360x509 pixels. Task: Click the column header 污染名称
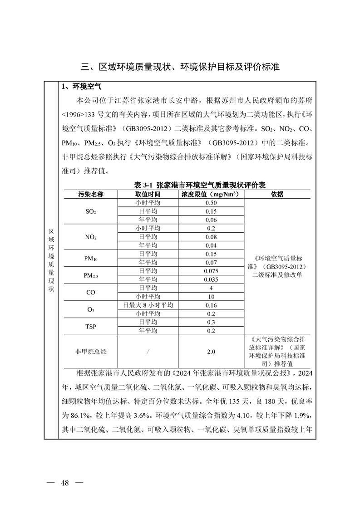pos(91,194)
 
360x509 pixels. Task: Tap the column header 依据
pos(277,194)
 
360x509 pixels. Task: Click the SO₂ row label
pos(91,211)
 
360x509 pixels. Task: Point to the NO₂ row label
pos(91,237)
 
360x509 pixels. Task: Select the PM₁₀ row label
pos(91,258)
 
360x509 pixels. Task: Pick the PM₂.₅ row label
pos(91,275)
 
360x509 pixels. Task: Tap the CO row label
pos(91,293)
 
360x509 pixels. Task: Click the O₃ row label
pos(91,309)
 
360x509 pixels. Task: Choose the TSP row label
pos(91,327)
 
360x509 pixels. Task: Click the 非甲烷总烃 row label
pos(91,352)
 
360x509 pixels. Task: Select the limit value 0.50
pos(211,203)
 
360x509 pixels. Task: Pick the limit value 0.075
pos(211,271)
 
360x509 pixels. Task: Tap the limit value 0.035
pos(211,279)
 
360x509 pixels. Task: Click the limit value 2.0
pos(211,352)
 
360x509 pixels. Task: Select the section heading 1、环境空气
pos(82,86)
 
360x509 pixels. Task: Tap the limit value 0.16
pos(211,305)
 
